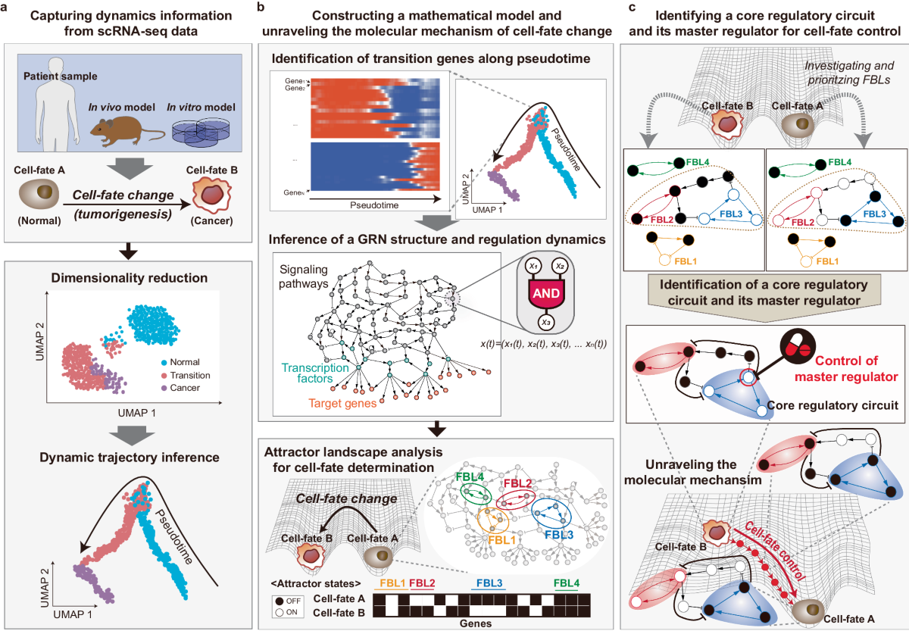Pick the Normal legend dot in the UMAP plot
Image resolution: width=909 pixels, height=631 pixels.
tap(186, 361)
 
